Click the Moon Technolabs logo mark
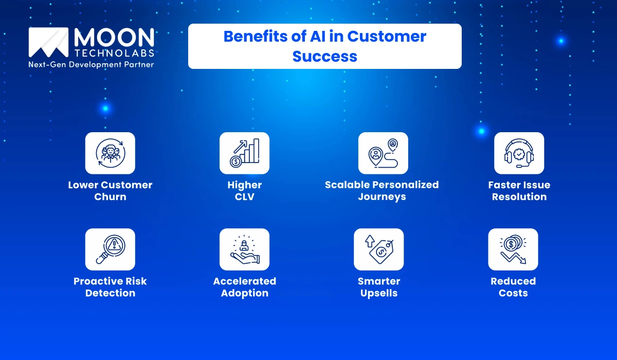click(48, 42)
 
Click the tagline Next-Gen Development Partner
click(91, 65)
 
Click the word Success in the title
click(324, 56)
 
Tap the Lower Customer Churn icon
click(110, 153)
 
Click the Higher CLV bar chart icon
click(244, 153)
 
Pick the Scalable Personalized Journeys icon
click(383, 153)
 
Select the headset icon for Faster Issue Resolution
click(519, 153)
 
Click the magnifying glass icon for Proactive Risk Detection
click(110, 249)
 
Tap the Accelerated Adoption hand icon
click(244, 249)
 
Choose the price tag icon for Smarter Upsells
click(378, 249)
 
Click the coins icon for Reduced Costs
click(513, 249)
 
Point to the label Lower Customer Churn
click(110, 191)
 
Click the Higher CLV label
click(244, 191)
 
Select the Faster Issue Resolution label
click(519, 191)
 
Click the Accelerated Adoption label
click(244, 287)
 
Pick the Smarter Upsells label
click(378, 287)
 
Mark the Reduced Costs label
click(513, 287)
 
